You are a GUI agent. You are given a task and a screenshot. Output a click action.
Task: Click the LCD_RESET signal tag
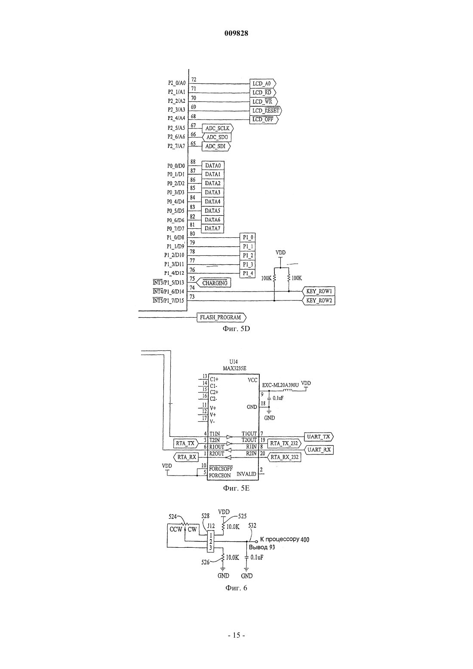point(265,110)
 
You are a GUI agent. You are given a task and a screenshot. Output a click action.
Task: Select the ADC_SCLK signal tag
point(218,129)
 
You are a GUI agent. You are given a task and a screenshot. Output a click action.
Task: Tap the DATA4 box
point(212,202)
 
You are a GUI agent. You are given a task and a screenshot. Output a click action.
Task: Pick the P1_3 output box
point(248,264)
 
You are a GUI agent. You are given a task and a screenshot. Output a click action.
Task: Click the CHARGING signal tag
point(213,283)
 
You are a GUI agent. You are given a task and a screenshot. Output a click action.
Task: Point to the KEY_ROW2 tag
point(319,301)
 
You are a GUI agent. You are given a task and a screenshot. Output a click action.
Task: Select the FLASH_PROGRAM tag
point(221,317)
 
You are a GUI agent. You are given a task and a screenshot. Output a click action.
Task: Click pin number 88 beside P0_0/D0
point(193,162)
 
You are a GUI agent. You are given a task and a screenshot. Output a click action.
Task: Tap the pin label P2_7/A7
point(176,146)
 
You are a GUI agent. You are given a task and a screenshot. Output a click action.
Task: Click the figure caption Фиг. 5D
point(236,329)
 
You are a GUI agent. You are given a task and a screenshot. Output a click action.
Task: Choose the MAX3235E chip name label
point(234,368)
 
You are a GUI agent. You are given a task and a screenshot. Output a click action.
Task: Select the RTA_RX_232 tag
point(284,457)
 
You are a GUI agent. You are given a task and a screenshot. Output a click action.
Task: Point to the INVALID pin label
point(246,474)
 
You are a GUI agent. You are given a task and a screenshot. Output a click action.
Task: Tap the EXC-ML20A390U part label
point(280,385)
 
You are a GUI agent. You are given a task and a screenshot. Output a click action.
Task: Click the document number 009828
point(236,34)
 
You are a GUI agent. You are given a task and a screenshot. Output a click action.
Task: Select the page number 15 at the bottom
point(236,635)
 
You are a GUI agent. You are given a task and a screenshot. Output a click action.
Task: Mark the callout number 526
point(206,562)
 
